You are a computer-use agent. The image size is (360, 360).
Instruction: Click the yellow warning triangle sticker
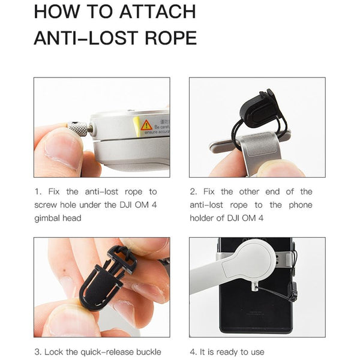pos(146,125)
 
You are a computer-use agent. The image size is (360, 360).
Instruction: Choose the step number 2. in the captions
pos(193,192)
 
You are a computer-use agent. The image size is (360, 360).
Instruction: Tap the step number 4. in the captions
pos(193,352)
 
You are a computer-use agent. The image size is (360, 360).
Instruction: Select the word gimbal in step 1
pos(49,218)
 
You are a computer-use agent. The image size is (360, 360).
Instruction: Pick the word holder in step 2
pos(205,218)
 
